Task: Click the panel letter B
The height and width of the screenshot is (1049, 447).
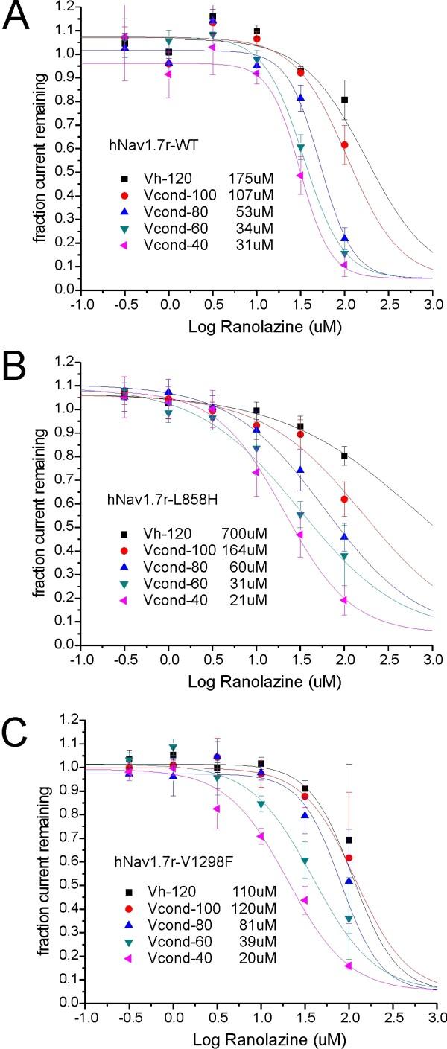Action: pos(16,368)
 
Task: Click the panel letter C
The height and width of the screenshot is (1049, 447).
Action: pos(16,718)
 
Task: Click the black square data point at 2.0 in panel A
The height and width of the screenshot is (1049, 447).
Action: pos(344,99)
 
